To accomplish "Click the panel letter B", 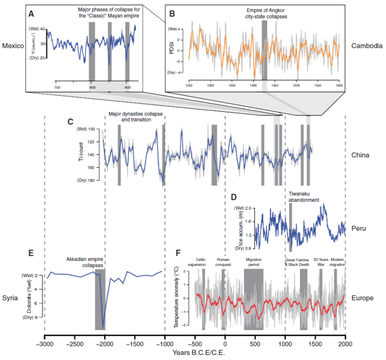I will [x=172, y=14].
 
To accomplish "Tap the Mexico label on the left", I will [x=12, y=46].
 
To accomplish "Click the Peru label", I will [x=359, y=228].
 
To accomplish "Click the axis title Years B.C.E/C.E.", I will [x=195, y=352].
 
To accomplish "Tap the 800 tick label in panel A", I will [x=92, y=87].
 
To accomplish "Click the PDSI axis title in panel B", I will [x=172, y=50].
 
